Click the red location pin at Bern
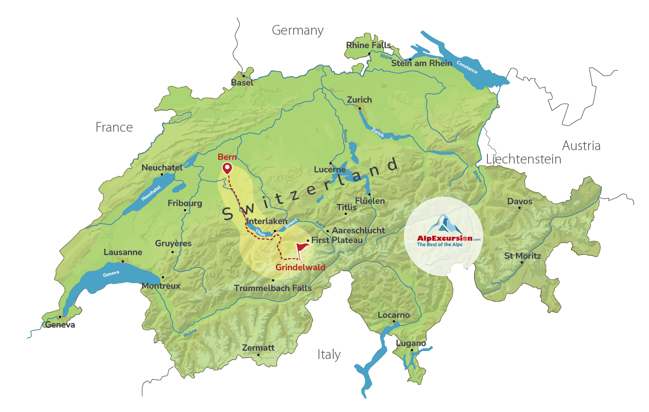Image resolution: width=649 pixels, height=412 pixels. pos(227,169)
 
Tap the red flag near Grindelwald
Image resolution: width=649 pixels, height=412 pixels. pos(302,248)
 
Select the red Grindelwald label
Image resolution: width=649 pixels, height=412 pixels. pos(300,267)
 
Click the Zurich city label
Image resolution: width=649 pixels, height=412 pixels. pos(359,100)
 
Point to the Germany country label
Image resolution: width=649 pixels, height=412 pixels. pos(298,30)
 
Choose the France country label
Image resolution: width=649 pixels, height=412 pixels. pos(114,127)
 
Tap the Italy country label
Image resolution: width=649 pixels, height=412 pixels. pos(329,355)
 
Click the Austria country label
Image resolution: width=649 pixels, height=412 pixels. pos(581,146)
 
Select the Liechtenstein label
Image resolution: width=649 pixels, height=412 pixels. pos(523,159)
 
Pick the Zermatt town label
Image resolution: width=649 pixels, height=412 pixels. pos(258,348)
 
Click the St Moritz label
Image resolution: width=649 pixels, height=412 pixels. pos(522,256)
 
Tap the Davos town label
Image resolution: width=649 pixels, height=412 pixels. pos(519,201)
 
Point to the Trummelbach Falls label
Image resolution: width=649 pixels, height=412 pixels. pos(272,288)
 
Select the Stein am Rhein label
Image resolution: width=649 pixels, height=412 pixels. pos(421,63)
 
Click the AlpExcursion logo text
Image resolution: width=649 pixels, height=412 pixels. pos(445,238)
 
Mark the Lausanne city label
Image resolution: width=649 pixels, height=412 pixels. pos(123,252)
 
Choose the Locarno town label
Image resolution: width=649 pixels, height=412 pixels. pos(393,315)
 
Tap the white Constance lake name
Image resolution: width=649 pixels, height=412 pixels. pos(467,67)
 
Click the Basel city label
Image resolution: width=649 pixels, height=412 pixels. pos(242,83)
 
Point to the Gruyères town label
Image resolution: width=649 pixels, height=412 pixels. pos(173,243)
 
